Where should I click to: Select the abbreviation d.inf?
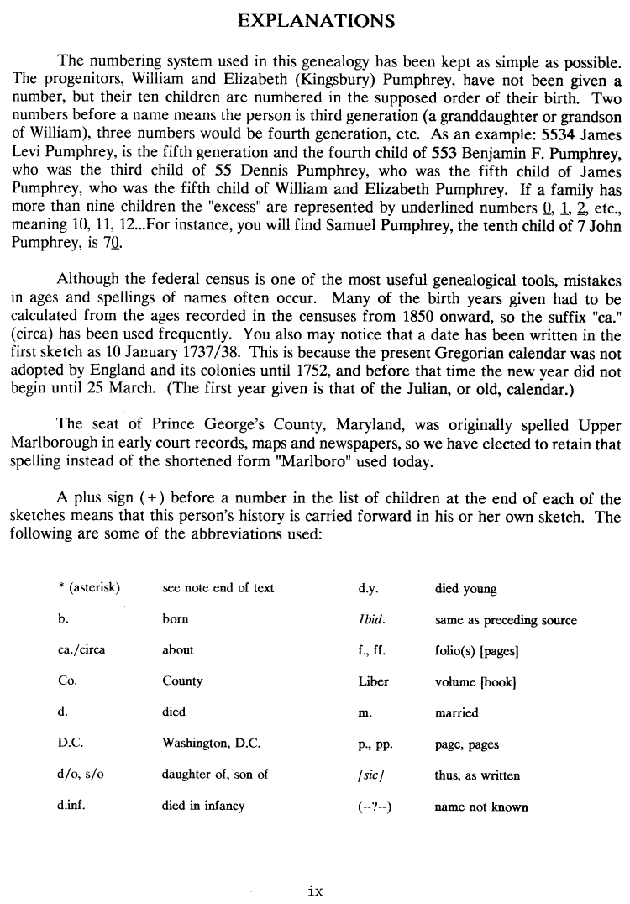pos(71,805)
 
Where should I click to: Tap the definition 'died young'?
pos(465,589)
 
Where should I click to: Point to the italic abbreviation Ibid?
pos(371,620)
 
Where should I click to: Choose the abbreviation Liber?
pos(373,681)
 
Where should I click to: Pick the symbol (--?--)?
pos(375,807)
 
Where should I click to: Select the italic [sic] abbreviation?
pos(370,775)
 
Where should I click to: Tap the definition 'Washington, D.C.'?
pos(211,744)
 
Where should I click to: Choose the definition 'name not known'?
pos(481,807)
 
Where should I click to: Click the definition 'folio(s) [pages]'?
pos(476,651)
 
